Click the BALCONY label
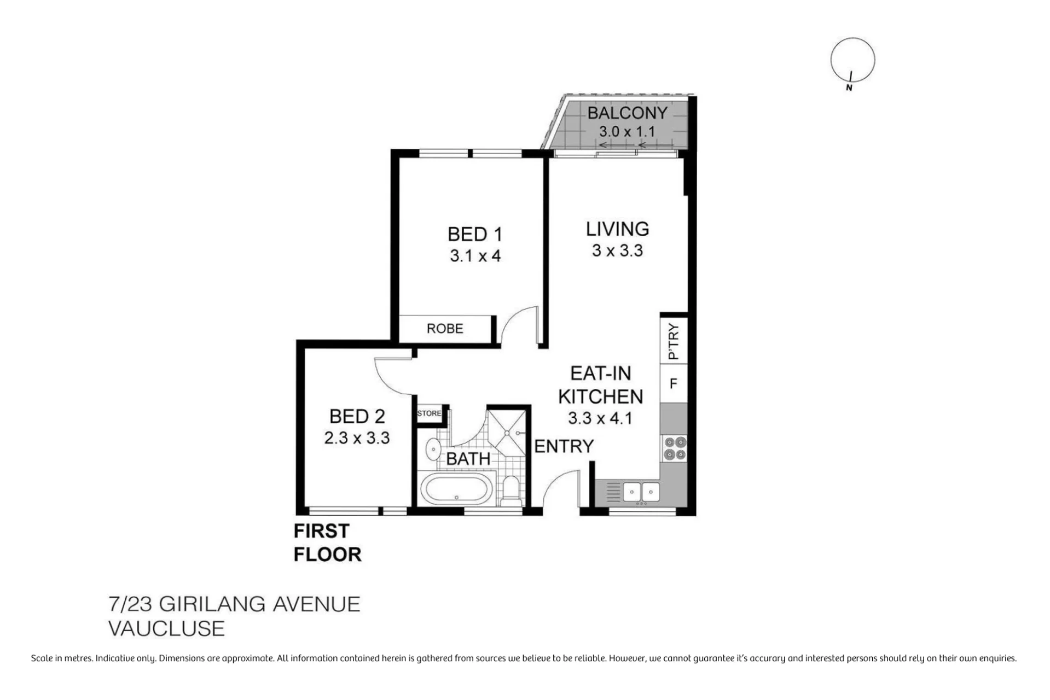click(627, 113)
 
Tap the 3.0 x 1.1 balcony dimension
click(626, 132)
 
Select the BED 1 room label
click(474, 234)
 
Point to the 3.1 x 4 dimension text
click(475, 256)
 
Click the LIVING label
click(617, 229)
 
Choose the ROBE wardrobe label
click(445, 329)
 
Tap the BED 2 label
click(357, 417)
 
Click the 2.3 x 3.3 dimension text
click(357, 438)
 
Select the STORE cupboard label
click(429, 413)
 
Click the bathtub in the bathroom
click(456, 489)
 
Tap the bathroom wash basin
click(433, 450)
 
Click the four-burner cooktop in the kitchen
click(674, 448)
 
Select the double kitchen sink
click(641, 492)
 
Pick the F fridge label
click(674, 383)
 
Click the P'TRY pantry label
click(674, 341)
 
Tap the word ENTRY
click(564, 447)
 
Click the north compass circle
click(852, 60)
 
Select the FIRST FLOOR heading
click(327, 542)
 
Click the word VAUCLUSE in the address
click(166, 628)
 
